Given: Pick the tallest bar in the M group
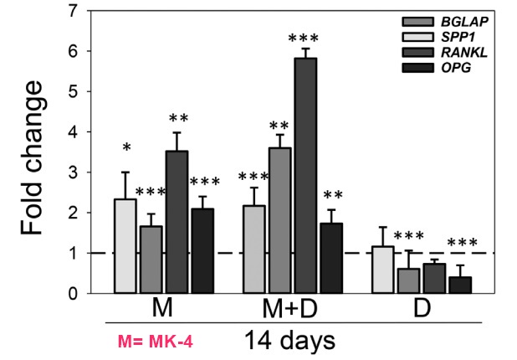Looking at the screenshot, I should point(177,222).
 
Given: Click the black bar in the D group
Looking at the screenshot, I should point(460,285).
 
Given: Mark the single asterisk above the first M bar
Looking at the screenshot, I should point(125,149).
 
